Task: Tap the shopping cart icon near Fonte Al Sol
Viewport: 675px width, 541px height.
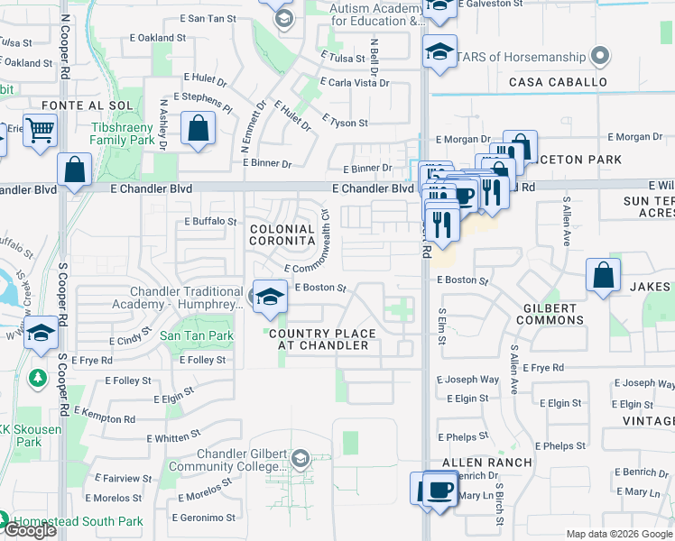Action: coord(40,131)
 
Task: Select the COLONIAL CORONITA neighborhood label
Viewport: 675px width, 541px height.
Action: coord(282,235)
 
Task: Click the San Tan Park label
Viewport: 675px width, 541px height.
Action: coord(197,335)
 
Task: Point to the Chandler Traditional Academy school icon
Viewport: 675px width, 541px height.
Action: coord(269,297)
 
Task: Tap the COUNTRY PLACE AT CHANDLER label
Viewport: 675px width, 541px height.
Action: coord(321,339)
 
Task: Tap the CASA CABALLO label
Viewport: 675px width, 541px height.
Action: coord(558,82)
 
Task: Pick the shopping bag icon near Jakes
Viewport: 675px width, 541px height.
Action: coord(603,275)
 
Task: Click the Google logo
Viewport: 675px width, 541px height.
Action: coord(30,530)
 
